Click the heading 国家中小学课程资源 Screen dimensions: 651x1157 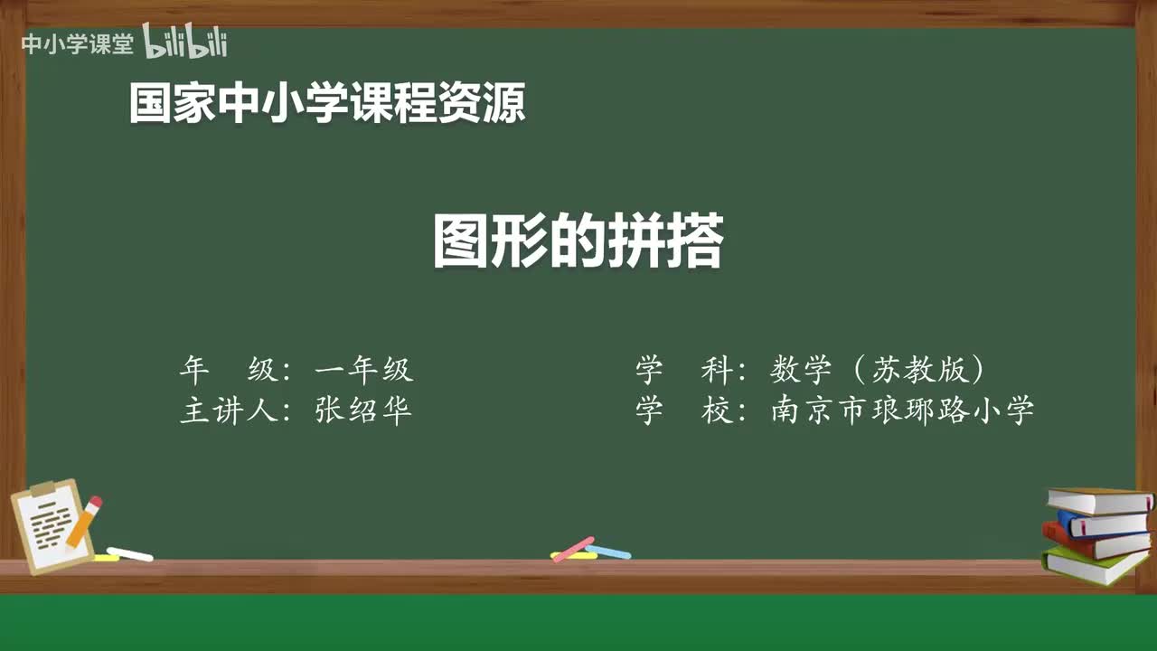point(326,103)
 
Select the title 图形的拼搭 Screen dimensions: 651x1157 point(578,241)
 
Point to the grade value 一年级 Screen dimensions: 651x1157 point(363,370)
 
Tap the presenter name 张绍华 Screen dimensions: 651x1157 point(363,411)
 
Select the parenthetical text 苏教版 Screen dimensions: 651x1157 point(917,370)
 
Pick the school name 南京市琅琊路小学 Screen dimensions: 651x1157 point(902,411)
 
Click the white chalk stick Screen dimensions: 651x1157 point(129,554)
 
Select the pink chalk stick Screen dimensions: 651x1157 point(573,549)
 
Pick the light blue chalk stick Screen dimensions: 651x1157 point(608,552)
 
